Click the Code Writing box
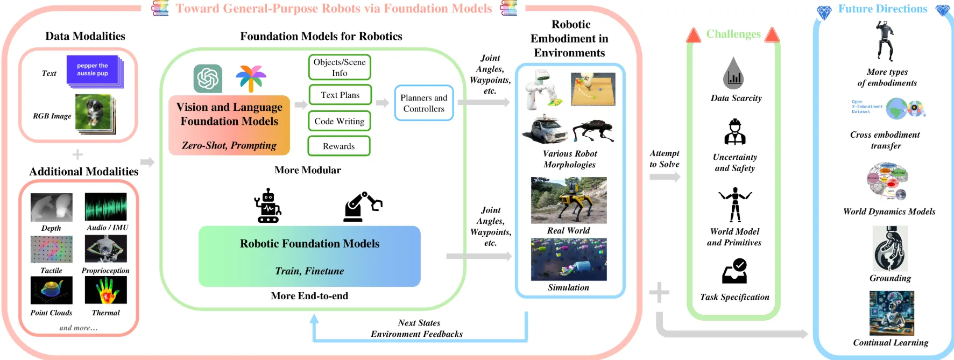click(x=339, y=121)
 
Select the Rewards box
click(x=338, y=146)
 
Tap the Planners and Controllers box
click(x=423, y=103)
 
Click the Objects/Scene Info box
click(x=339, y=67)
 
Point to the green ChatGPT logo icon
click(x=208, y=79)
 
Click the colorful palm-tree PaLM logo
click(x=251, y=79)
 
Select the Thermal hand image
click(x=105, y=290)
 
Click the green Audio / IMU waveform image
click(x=105, y=207)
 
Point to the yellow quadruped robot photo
click(x=568, y=200)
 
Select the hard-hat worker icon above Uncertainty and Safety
click(x=734, y=132)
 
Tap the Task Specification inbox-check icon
click(x=734, y=271)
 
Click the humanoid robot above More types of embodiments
click(x=884, y=41)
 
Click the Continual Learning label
click(x=891, y=342)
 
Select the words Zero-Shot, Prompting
click(x=229, y=145)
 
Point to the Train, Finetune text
click(x=309, y=271)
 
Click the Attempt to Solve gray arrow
click(x=665, y=177)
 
